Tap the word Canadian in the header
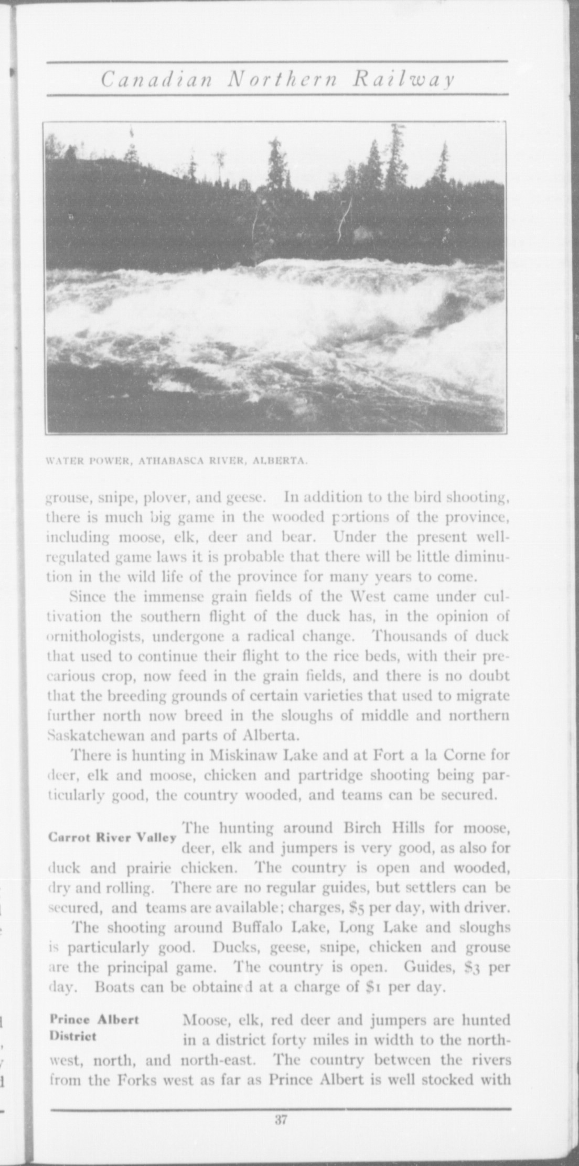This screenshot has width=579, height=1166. [x=156, y=79]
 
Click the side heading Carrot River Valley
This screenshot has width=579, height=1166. [x=112, y=837]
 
